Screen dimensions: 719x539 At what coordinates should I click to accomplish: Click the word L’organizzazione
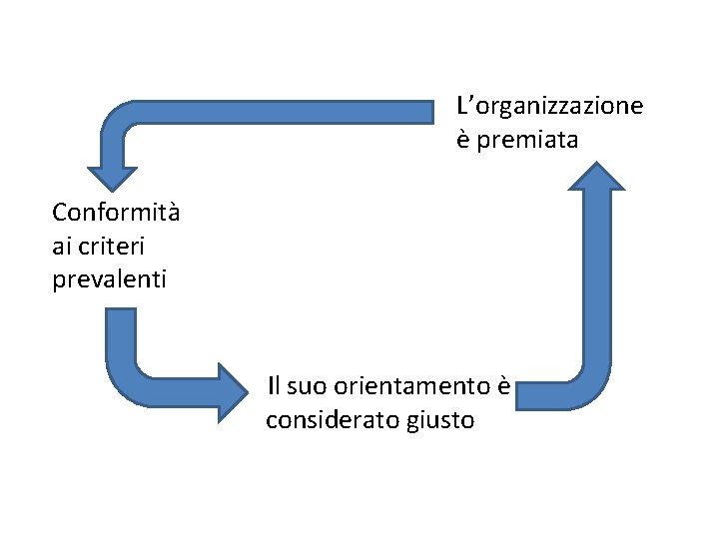(x=549, y=106)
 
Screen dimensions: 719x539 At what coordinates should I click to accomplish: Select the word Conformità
(x=116, y=213)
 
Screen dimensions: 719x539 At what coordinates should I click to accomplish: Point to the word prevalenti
(x=109, y=278)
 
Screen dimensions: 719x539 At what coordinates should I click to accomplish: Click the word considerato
(x=333, y=420)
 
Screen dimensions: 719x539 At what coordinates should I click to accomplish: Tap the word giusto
(x=441, y=421)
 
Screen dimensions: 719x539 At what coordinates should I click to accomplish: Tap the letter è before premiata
(x=463, y=141)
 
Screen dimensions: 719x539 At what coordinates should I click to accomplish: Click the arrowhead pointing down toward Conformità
(x=112, y=174)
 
